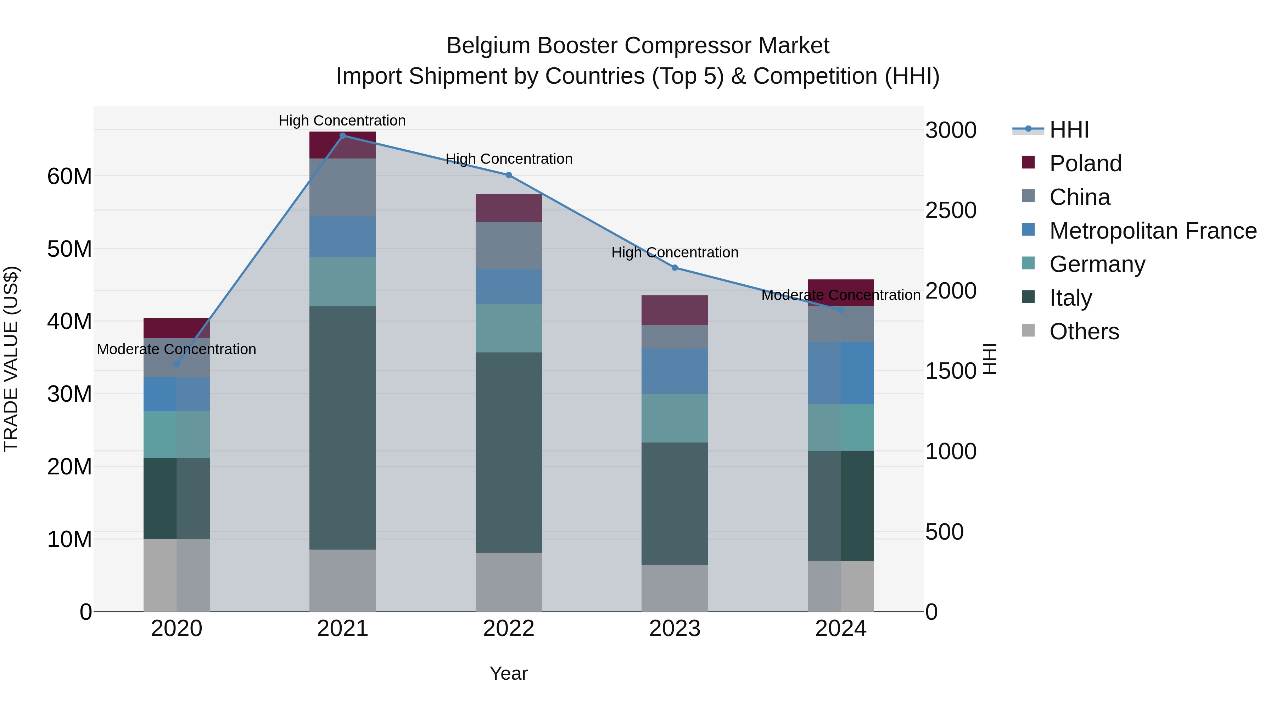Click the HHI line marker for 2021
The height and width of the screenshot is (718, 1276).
pos(342,136)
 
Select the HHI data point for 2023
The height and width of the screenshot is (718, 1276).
pos(675,268)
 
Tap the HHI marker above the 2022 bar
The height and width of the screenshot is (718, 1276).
pos(509,175)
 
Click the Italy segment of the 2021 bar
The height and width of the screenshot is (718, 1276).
pos(342,427)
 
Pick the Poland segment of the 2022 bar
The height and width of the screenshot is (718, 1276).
pos(509,208)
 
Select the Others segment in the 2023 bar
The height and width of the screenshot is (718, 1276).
pos(675,588)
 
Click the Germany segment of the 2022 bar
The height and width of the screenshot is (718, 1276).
pos(509,328)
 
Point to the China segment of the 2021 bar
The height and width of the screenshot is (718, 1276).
pos(342,187)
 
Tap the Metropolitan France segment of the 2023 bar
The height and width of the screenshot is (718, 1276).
pos(675,371)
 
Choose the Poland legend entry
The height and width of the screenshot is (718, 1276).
pos(1085,163)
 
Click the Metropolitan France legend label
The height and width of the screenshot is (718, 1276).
pos(1153,231)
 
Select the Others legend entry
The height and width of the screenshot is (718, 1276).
pos(1084,332)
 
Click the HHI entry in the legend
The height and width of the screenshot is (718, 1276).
pos(1069,130)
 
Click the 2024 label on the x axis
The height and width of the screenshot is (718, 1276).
pos(841,629)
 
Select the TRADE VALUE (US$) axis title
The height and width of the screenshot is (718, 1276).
pos(11,359)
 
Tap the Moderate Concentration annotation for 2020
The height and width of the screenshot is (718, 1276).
pos(177,349)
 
